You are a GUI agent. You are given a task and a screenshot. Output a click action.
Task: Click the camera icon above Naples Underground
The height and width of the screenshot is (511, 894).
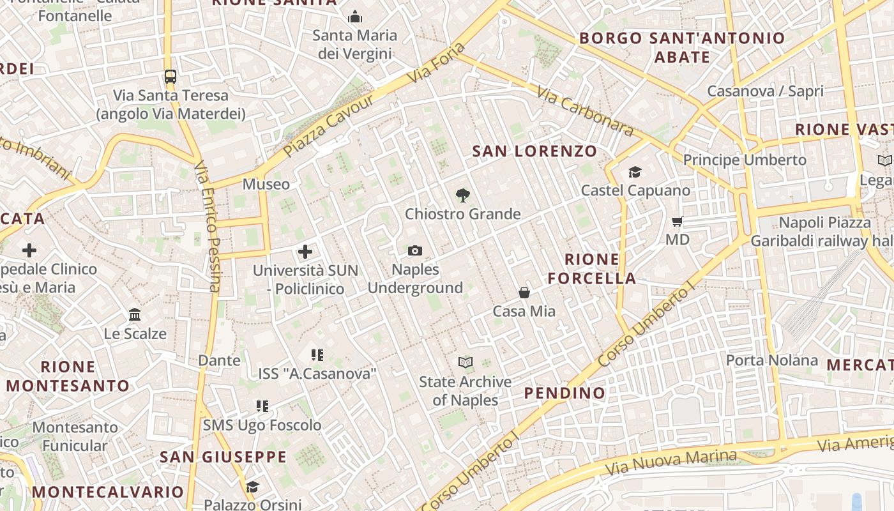point(415,250)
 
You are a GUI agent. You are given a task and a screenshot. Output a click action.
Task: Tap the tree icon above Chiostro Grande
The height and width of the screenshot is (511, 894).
point(462,195)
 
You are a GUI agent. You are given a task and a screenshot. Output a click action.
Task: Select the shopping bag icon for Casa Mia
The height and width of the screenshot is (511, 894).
point(524,293)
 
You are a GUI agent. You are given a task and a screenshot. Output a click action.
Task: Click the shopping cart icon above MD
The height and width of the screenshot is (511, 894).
point(677,222)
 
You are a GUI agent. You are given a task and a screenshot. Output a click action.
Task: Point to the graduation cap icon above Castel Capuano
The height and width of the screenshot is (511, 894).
point(635,172)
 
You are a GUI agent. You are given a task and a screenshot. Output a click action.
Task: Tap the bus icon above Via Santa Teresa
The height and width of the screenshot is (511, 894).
point(170,77)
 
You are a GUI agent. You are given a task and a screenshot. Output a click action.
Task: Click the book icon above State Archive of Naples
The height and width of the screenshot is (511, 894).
point(466,363)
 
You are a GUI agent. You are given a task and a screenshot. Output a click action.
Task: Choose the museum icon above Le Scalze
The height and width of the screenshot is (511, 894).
point(135,314)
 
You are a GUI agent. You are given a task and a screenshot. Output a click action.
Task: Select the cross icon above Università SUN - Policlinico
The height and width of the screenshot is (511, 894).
point(305,251)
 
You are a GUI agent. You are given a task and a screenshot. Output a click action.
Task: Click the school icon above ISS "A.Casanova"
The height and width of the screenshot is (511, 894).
point(317,355)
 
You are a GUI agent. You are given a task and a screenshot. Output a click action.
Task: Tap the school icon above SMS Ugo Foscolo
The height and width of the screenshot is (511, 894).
point(262,406)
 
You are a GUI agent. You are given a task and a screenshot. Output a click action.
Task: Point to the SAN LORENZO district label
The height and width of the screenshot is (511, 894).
point(534,151)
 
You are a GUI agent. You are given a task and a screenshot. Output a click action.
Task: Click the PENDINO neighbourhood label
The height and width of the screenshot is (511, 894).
point(564,393)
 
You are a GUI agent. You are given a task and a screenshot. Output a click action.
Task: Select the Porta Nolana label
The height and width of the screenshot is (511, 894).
point(771,360)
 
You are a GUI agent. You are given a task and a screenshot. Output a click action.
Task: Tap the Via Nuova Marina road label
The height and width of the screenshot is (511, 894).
point(670,462)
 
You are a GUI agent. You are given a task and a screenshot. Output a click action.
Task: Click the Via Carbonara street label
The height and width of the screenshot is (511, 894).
point(585,111)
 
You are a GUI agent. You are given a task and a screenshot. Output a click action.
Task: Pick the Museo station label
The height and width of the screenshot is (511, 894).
point(266,185)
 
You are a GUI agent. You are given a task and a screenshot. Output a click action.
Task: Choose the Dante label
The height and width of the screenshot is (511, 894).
point(219,360)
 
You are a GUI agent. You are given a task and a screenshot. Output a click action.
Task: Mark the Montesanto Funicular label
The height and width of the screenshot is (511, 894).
point(75,436)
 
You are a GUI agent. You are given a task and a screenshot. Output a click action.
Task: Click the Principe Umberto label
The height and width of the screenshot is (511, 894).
point(745,160)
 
